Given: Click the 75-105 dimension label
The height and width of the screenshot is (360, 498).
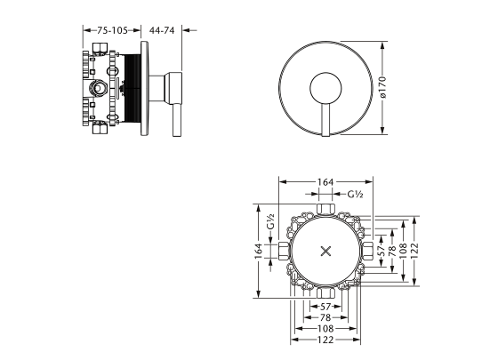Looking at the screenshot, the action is [112, 30].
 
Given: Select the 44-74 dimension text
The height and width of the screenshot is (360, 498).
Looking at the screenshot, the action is [162, 30].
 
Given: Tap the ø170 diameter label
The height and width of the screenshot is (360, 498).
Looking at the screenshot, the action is [382, 87].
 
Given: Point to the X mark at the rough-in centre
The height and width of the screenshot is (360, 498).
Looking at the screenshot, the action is [325, 251].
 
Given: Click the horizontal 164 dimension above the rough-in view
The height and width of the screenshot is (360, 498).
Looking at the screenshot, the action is [325, 182].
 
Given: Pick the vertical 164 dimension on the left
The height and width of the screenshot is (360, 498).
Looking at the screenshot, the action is [259, 251].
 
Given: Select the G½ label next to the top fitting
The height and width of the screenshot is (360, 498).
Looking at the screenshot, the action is [355, 194].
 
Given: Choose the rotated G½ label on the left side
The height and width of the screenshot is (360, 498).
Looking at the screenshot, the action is [270, 221].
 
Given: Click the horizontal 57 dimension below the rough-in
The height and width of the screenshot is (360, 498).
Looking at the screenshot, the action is [325, 307].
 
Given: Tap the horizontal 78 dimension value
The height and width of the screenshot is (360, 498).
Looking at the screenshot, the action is [325, 317].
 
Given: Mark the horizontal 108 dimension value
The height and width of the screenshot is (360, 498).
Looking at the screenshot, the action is [325, 329].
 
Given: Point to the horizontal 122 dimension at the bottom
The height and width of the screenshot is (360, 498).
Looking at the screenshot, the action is [325, 340].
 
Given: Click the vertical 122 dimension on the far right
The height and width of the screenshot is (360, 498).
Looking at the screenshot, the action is [414, 251].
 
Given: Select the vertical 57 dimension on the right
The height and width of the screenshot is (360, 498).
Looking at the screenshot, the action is [382, 251].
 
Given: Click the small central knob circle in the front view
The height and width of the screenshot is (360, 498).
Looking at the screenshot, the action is [325, 89].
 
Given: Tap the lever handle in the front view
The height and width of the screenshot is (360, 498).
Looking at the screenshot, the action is [325, 120].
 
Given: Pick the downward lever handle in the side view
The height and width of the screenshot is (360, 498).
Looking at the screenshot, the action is [177, 120].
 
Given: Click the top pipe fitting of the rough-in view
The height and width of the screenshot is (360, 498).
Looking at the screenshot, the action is [325, 209].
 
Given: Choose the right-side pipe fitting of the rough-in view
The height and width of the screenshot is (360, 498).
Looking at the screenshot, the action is [367, 251].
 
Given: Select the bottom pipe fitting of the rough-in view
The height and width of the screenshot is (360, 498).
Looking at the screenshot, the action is [325, 292].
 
